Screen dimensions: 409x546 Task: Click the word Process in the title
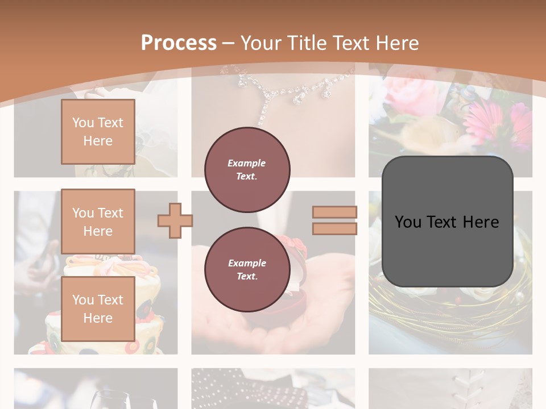pos(179,43)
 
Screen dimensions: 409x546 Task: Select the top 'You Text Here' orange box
pos(98,132)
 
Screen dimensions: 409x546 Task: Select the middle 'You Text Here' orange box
pos(98,222)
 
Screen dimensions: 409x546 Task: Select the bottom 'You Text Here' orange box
pos(98,308)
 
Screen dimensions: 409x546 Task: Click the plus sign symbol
pos(175,220)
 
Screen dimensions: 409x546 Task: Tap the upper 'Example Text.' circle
pos(247,169)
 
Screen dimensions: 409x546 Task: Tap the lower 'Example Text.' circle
pos(247,269)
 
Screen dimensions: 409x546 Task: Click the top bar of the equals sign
pos(334,212)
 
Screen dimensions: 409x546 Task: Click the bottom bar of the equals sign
pos(334,228)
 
